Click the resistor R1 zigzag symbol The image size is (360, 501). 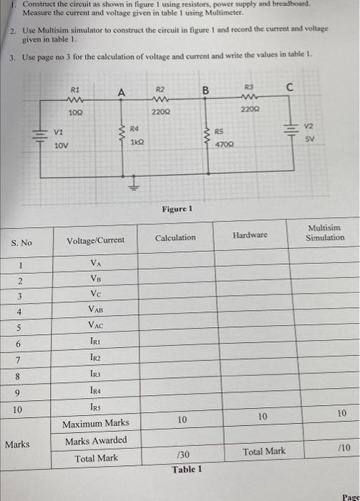point(74,100)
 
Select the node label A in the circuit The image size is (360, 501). point(122,92)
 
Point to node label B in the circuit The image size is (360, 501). point(205,91)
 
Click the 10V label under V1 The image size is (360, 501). point(62,145)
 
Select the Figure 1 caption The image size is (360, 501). point(177,209)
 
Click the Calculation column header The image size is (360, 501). point(175,238)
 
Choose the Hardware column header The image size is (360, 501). point(250,235)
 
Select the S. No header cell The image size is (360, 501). point(21,243)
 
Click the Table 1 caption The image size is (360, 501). point(186,470)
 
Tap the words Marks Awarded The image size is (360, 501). point(96,440)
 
